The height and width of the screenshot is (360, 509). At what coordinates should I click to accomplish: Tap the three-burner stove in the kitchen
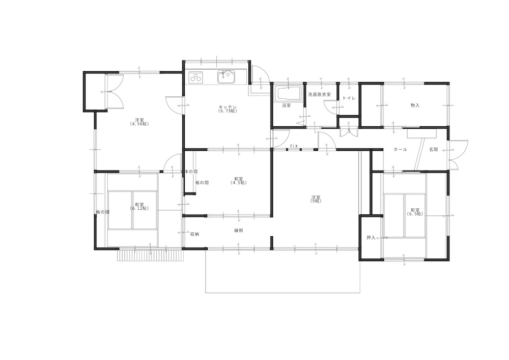tap(196, 77)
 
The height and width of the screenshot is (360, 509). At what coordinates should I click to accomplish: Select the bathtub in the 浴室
tap(289, 94)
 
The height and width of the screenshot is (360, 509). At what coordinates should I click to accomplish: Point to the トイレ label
tap(349, 98)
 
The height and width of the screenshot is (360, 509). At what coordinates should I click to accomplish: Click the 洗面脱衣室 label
tap(320, 95)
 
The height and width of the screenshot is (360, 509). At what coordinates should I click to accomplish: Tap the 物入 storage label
tap(415, 105)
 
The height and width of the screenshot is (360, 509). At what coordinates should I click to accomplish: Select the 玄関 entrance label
tap(434, 150)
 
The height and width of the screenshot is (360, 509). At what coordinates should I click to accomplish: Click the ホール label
tap(400, 150)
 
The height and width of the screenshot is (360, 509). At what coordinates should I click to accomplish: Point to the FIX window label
tap(294, 147)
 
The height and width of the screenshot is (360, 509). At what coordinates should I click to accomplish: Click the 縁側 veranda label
tap(239, 231)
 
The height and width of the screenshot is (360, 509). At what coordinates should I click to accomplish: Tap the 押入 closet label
tap(371, 238)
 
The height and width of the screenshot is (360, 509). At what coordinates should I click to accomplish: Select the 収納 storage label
tap(194, 234)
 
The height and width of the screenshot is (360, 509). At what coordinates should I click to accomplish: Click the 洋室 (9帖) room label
tap(316, 199)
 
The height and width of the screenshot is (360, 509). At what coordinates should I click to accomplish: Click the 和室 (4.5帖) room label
tap(239, 180)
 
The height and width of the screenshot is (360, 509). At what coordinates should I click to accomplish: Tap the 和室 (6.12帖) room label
tap(139, 206)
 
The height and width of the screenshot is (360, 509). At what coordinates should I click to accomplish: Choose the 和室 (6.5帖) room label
tap(415, 212)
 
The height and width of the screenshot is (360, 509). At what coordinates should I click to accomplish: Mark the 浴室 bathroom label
tap(286, 105)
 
